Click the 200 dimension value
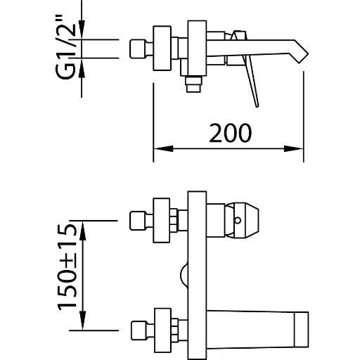click(230, 133)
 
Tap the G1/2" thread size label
click(65, 47)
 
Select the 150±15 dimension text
click(67, 267)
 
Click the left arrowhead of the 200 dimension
click(163, 148)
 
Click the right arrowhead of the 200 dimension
click(294, 148)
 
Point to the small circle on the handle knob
click(238, 220)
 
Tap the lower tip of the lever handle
click(257, 106)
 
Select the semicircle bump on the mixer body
click(184, 276)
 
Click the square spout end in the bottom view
click(301, 329)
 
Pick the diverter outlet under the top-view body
click(193, 84)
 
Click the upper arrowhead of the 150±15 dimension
click(82, 231)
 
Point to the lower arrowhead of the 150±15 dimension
click(82, 321)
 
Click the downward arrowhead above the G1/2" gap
click(82, 30)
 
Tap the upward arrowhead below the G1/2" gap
click(82, 67)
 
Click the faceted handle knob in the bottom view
click(243, 221)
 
